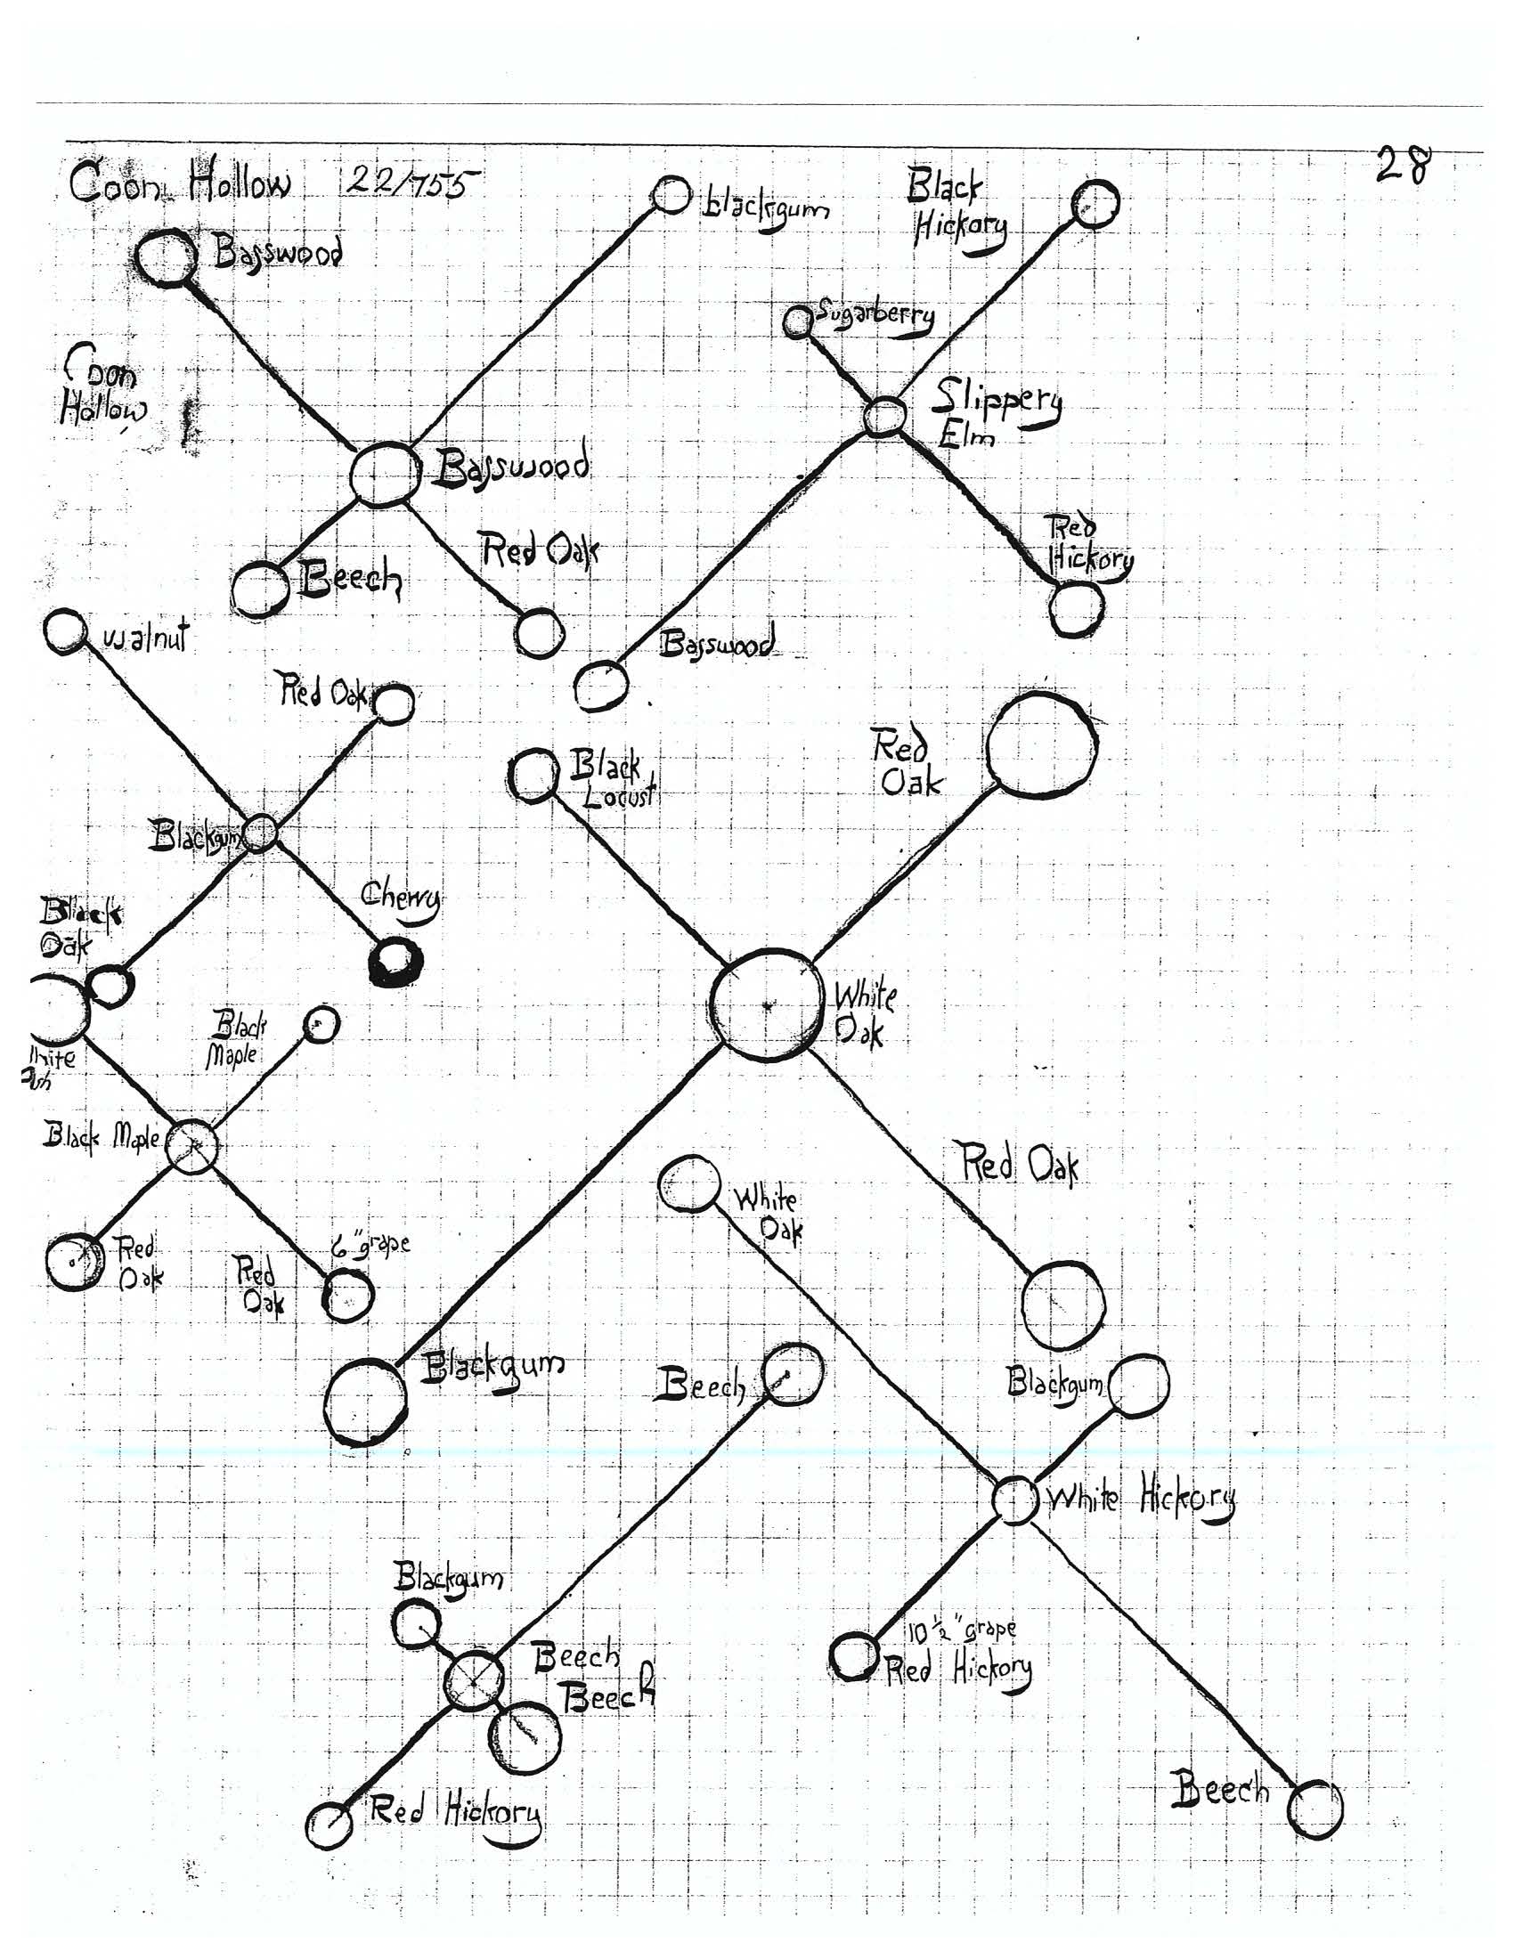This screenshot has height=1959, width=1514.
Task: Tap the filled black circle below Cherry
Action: pos(395,962)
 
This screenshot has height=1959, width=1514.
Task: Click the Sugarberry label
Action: pos(874,317)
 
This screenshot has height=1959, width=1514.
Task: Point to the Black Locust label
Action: pos(614,779)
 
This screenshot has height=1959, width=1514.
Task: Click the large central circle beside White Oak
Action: pos(766,1005)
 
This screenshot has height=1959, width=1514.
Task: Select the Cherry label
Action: pos(400,897)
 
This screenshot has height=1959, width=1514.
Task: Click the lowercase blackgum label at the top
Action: pos(765,208)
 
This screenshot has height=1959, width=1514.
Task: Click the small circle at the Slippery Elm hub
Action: pos(883,415)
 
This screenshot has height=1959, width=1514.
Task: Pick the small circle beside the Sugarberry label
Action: pos(796,321)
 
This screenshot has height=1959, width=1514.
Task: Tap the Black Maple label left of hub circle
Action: pos(102,1138)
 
